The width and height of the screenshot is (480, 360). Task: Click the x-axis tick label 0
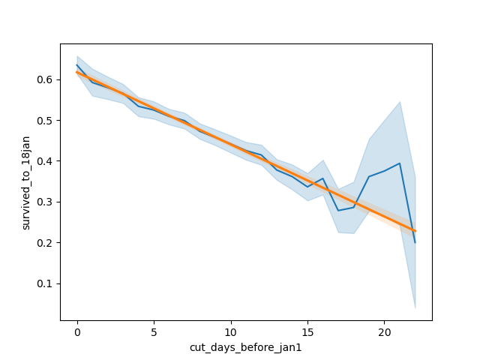[x=77, y=331]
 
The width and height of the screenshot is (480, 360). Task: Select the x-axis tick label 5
[x=154, y=331]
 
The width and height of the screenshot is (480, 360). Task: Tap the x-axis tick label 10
[x=231, y=331]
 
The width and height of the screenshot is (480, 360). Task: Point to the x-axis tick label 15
[x=307, y=331]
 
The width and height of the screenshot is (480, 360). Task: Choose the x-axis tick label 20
[x=384, y=331]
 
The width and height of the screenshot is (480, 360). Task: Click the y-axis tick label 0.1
[x=45, y=283]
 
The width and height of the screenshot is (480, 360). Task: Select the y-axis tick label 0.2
[x=45, y=243]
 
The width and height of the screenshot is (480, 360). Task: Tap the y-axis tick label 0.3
[x=45, y=202]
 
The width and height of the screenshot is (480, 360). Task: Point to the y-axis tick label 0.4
[x=45, y=161]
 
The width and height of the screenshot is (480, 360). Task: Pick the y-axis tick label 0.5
[x=45, y=121]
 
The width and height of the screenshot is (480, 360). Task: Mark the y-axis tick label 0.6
[x=45, y=79]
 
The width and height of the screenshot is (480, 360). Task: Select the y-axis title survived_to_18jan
[x=25, y=182]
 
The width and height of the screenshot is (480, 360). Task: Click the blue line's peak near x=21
[x=400, y=163]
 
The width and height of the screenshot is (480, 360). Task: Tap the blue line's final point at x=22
[x=415, y=242]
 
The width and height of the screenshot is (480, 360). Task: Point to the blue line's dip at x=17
[x=338, y=210]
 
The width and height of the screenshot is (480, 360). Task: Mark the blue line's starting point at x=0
[x=77, y=64]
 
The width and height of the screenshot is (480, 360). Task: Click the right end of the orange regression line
[x=415, y=231]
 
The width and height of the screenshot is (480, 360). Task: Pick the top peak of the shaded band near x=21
[x=400, y=101]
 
